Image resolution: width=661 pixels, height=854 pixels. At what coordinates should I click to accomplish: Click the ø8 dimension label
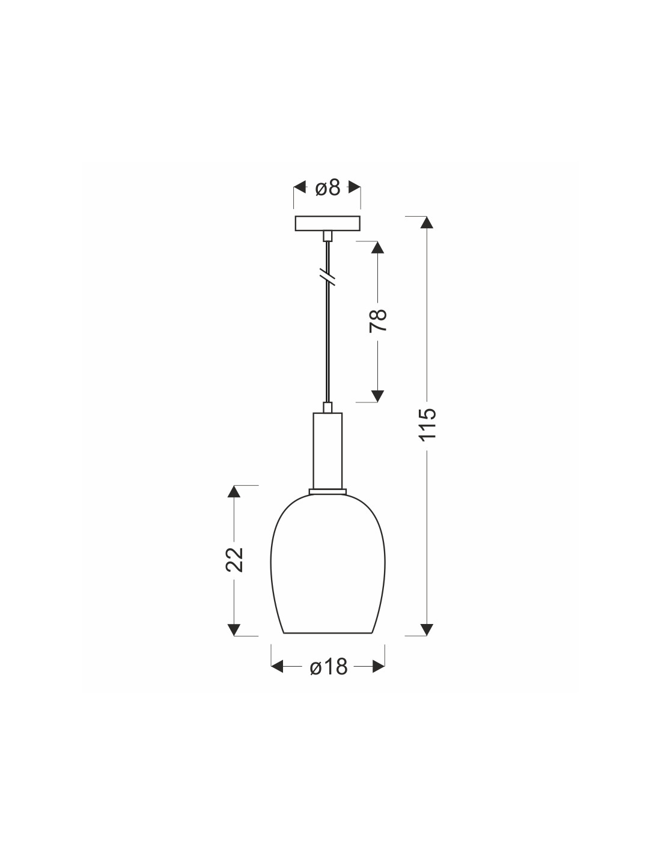coord(327,188)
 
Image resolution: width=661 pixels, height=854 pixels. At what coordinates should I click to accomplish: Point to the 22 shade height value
coord(234,559)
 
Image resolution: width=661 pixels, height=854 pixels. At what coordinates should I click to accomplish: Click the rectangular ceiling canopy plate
coord(327,223)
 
